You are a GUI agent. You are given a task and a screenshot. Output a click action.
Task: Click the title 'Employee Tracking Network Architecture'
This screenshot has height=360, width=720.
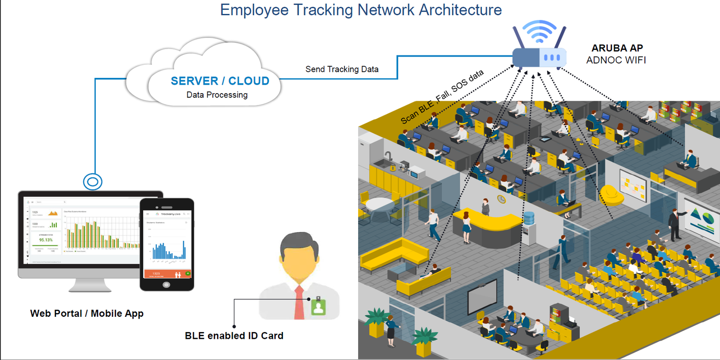click(x=360, y=10)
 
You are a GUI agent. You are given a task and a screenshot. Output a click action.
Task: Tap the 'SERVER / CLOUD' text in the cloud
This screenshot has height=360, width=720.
click(x=220, y=81)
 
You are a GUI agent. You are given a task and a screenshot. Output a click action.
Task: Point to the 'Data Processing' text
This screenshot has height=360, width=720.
click(x=217, y=95)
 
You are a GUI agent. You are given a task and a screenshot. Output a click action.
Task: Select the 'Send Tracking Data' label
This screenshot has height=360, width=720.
click(x=342, y=69)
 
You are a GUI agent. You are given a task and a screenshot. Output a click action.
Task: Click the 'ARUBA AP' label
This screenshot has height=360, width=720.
click(x=617, y=48)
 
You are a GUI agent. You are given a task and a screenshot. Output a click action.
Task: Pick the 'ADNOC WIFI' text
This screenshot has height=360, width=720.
click(x=616, y=60)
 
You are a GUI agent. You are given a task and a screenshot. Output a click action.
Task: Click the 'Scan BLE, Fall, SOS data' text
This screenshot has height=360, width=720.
click(x=442, y=96)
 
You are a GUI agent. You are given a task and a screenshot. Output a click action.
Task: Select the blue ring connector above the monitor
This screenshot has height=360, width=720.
click(x=93, y=182)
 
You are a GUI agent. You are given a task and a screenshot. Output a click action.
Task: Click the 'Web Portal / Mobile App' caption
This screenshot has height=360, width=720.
click(x=87, y=314)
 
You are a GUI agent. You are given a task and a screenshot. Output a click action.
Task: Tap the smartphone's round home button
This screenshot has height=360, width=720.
click(x=166, y=285)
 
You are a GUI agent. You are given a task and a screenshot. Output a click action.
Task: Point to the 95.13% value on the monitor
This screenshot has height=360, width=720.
click(x=45, y=240)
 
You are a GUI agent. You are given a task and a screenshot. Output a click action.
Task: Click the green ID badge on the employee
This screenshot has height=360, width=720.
click(x=319, y=306)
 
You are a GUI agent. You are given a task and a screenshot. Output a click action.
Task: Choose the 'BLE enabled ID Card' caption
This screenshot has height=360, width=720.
click(x=234, y=336)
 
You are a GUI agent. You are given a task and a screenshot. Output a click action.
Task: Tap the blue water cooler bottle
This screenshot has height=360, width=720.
click(x=529, y=218)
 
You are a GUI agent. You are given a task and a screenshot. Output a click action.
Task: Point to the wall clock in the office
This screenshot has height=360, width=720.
click(x=501, y=199)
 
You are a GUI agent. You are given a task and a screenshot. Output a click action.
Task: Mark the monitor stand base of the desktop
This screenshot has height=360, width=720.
click(x=90, y=288)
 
